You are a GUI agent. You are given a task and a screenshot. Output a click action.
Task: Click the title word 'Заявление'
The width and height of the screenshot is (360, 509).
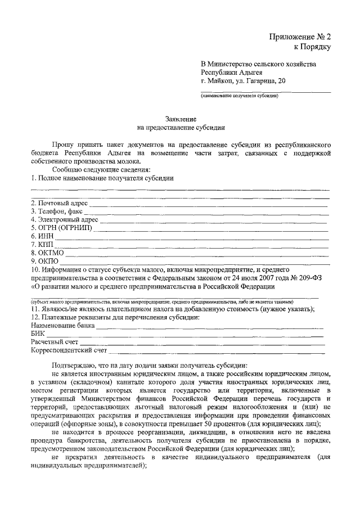point(181,119)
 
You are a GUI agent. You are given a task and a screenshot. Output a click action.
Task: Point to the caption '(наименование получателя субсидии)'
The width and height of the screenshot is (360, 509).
point(240,96)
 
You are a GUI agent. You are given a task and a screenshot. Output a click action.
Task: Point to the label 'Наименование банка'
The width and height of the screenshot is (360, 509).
point(62,326)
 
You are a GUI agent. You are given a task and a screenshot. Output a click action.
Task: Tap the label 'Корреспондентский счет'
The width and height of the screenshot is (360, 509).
point(69,351)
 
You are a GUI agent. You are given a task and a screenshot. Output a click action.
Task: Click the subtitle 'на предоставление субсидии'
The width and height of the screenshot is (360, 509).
point(181,128)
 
